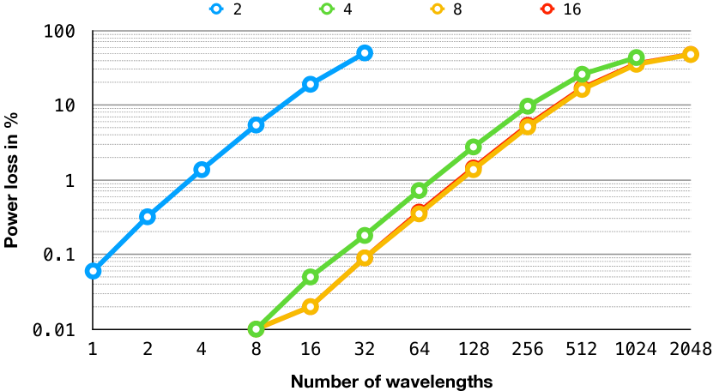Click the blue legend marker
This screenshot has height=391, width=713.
[216, 9]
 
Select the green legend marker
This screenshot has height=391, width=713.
[327, 9]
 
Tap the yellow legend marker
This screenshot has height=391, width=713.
[438, 9]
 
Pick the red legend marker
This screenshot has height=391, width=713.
[547, 9]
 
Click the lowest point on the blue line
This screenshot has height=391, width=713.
[94, 271]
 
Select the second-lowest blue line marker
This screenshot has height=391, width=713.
[148, 216]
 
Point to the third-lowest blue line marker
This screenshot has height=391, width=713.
[202, 170]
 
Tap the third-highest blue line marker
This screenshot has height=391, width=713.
[256, 125]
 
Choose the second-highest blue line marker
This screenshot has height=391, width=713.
[311, 84]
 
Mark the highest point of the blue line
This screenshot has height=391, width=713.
[365, 53]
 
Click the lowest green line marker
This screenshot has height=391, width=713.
[256, 328]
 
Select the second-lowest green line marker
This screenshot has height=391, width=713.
[311, 276]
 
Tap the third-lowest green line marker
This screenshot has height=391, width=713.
[365, 235]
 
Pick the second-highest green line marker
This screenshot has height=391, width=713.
[582, 75]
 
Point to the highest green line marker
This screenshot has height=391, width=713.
[636, 57]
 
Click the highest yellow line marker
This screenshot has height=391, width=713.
[691, 55]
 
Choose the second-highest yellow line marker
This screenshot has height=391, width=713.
[636, 64]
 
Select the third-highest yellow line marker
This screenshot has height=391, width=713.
[582, 89]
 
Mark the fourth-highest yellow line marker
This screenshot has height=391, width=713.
[528, 126]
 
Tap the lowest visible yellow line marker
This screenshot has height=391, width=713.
[311, 306]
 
